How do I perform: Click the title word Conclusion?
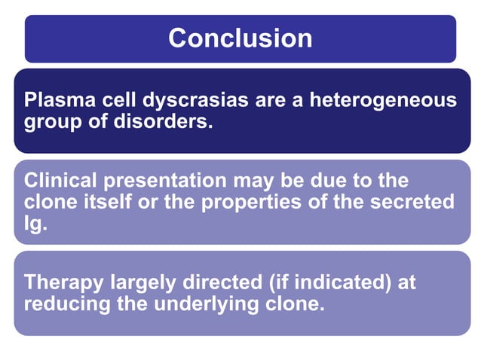(240, 38)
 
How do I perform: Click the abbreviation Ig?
(34, 223)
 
